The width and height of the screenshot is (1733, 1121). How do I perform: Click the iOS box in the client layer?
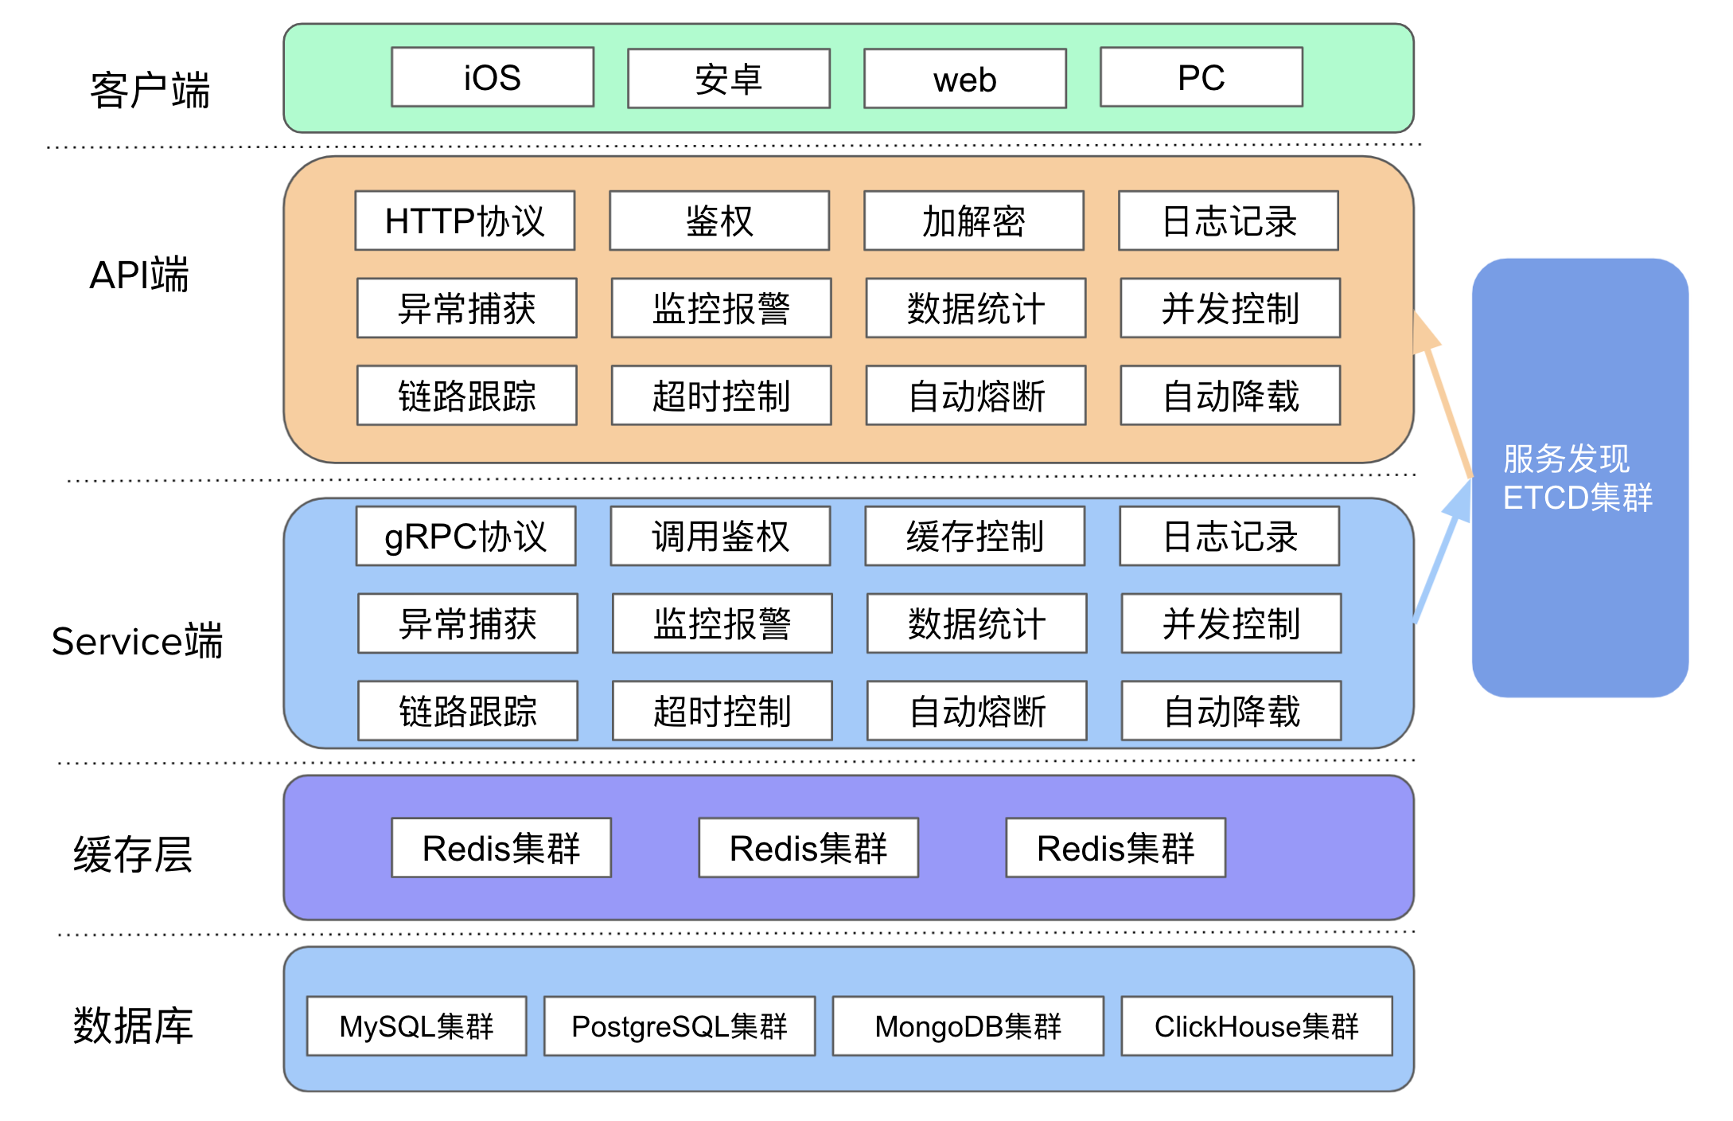(493, 77)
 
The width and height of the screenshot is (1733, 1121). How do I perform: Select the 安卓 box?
(728, 79)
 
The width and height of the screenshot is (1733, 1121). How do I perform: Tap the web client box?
(964, 79)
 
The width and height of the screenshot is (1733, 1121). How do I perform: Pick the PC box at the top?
(1201, 77)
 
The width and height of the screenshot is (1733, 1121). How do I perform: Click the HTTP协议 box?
(465, 221)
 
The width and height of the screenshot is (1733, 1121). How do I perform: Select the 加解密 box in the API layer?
(974, 221)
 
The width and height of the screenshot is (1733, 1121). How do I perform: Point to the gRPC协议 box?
(465, 536)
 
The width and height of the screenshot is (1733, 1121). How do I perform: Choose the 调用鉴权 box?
(720, 536)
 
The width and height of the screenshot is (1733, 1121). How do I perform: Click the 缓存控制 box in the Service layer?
(975, 536)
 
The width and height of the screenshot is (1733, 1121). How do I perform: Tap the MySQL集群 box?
(416, 1025)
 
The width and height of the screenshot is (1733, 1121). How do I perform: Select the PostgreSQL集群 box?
(680, 1025)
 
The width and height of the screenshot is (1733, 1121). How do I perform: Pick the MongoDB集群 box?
(968, 1025)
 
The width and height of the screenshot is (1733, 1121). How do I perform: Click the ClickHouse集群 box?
(1256, 1025)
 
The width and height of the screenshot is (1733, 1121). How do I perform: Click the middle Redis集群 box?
(808, 848)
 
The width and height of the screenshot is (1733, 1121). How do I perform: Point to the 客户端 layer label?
(150, 90)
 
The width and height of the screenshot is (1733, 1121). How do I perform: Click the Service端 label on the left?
(137, 641)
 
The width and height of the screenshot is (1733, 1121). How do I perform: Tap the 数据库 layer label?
(134, 1025)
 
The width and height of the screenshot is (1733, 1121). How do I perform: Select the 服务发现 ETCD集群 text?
(1577, 478)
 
